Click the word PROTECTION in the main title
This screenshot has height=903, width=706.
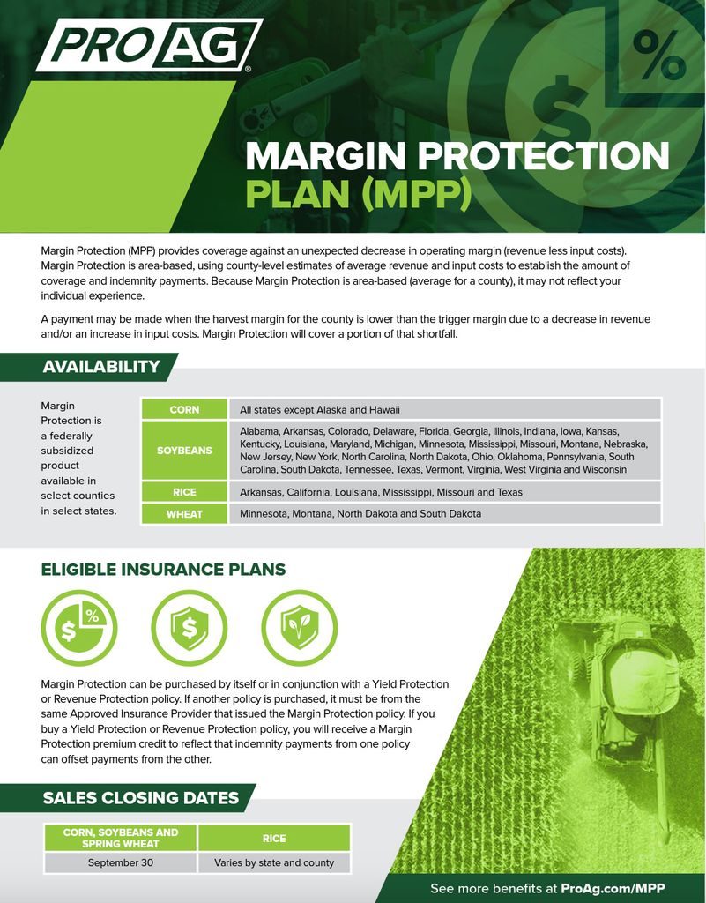point(544,156)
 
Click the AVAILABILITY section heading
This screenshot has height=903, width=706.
point(101,367)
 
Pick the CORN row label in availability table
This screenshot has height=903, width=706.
point(184,409)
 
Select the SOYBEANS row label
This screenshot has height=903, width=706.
point(184,450)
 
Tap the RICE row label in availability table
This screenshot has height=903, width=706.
point(184,492)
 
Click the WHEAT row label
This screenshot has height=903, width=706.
point(184,513)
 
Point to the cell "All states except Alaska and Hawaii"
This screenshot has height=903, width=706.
point(320,409)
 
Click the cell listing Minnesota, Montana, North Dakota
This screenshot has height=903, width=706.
point(360,513)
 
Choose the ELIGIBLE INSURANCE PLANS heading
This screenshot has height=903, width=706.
point(163,570)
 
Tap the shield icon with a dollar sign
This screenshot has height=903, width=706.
point(189,627)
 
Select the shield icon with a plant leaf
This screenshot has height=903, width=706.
point(299,627)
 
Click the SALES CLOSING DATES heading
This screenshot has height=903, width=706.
point(141,798)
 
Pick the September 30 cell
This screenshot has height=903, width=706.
point(121,862)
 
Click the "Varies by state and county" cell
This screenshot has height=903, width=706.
point(274,862)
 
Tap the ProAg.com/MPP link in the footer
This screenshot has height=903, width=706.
point(613,888)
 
